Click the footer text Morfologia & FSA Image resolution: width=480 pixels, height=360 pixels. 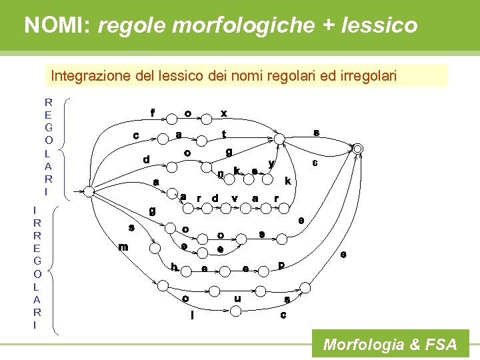(390, 345)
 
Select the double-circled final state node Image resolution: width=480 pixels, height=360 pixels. (358, 148)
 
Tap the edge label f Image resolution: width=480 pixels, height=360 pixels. (153, 113)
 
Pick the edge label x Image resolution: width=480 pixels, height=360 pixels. (224, 113)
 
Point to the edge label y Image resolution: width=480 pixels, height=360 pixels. (270, 163)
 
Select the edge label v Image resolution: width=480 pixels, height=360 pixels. (235, 198)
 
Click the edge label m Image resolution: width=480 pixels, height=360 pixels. (123, 247)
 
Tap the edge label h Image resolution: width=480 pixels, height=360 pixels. (174, 267)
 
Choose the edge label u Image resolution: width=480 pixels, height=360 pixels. (237, 299)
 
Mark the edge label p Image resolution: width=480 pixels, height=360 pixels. (281, 265)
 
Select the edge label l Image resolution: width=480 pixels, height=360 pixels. (193, 315)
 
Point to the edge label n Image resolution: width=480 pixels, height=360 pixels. (221, 174)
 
